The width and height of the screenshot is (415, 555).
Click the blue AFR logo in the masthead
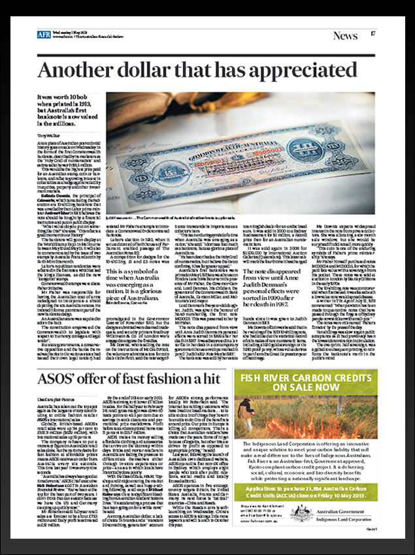pyautogui.click(x=44, y=34)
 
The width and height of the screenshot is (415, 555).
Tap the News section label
pyautogui.click(x=345, y=35)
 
